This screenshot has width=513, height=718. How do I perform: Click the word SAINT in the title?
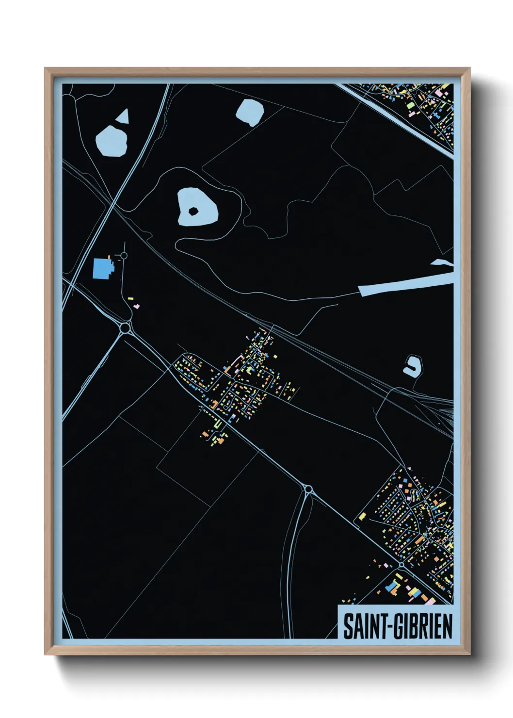[x=362, y=626]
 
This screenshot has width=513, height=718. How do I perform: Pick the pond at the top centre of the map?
[x=250, y=112]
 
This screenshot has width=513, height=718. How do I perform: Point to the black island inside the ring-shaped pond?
[x=193, y=211]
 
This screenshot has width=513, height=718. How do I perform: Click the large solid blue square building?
[x=102, y=268]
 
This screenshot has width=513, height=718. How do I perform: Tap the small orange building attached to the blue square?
[x=110, y=257]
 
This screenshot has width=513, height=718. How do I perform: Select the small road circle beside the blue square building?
[x=124, y=255]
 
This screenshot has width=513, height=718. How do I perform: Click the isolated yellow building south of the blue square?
[x=130, y=299]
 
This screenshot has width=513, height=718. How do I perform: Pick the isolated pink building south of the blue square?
[x=137, y=306]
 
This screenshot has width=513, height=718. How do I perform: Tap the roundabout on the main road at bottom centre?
[x=307, y=489]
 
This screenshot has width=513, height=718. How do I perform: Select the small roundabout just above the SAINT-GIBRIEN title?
[x=401, y=565]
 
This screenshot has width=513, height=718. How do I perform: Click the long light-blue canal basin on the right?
[x=405, y=284]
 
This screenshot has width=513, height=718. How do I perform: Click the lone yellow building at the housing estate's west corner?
[x=362, y=516]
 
